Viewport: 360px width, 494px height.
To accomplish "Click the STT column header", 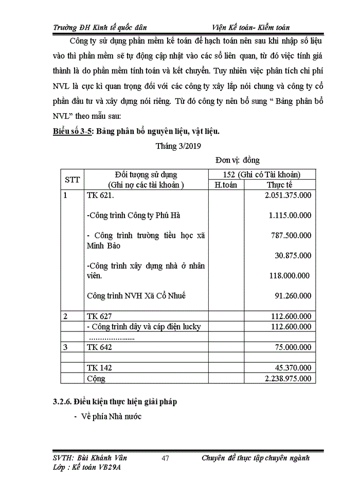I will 71,180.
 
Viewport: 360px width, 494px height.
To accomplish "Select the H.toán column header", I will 225,185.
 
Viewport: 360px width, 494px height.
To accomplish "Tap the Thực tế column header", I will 279,185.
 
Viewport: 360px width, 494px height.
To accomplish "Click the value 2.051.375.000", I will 287,196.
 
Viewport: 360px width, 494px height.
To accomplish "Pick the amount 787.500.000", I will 291,235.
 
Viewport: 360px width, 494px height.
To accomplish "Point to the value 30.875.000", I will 293,255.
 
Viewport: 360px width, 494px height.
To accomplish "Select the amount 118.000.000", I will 290,276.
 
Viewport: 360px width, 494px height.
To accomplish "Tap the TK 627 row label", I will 99,316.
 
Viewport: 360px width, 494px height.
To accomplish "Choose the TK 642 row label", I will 99,347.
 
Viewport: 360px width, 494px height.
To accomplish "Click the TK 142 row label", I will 99,368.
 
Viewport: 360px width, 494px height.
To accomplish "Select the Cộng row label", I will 96,378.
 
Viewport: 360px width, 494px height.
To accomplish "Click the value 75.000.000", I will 291,347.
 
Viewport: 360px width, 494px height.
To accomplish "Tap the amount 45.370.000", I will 291,368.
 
